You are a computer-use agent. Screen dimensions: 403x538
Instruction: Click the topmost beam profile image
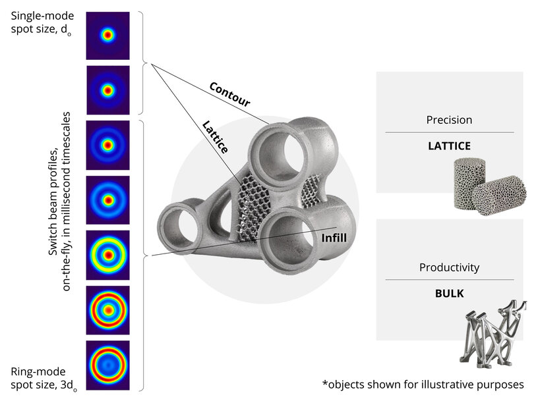tap(107, 36)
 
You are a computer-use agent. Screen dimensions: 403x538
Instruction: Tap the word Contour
tap(229, 95)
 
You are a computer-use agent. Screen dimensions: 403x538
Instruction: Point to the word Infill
tap(335, 238)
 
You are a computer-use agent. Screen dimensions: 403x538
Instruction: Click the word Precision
tap(449, 121)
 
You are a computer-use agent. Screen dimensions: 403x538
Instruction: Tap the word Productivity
tap(449, 268)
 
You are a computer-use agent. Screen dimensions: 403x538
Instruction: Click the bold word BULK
tap(449, 292)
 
